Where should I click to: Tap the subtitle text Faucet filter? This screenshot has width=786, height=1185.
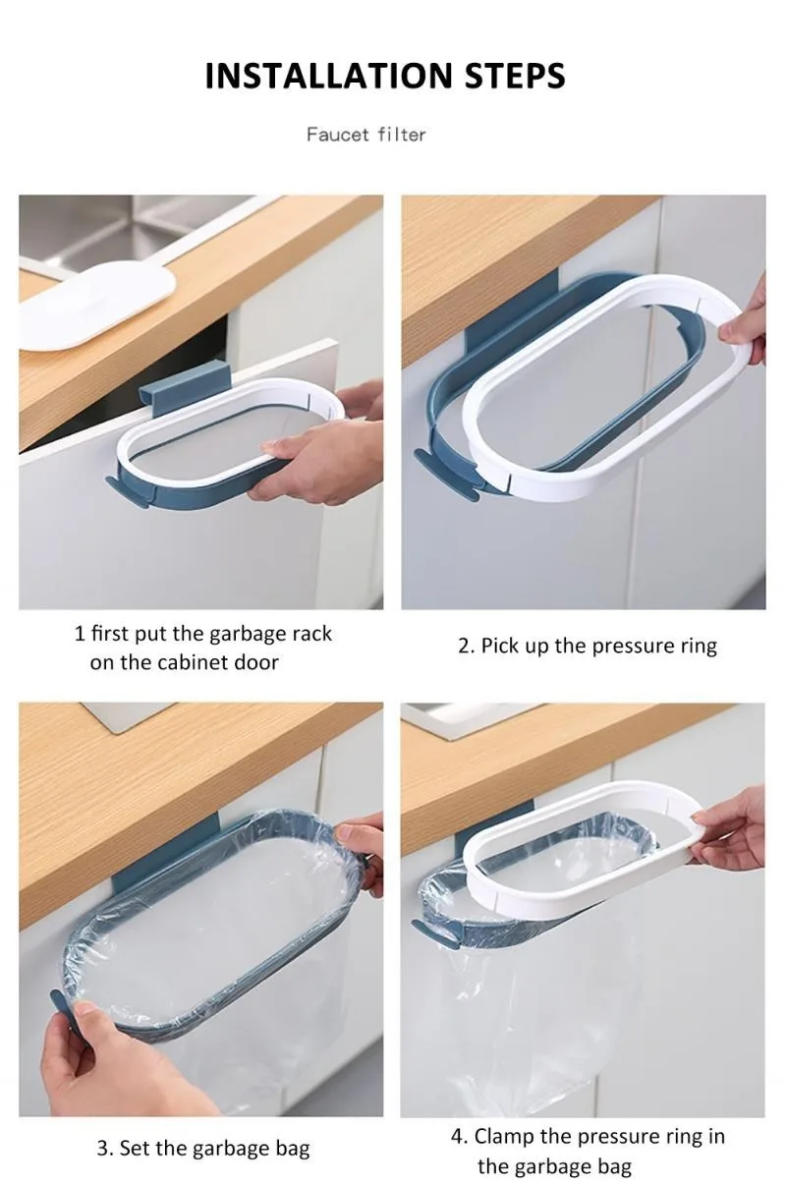[x=365, y=134]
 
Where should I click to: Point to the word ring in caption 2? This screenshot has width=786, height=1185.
[x=696, y=647]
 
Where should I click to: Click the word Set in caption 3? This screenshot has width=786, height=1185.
[x=135, y=1148]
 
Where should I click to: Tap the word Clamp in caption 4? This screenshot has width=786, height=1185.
[x=503, y=1137]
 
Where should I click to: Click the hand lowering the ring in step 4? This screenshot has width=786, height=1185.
[x=732, y=830]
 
